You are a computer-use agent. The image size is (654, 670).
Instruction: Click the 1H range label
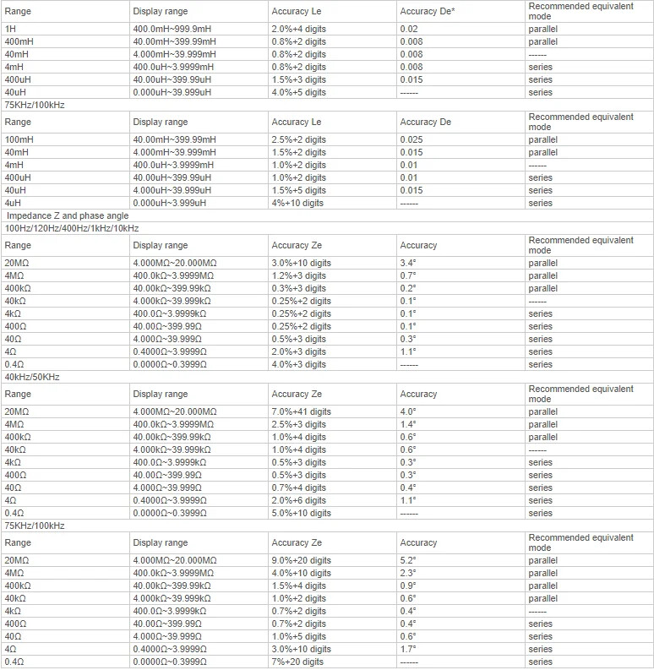[x=10, y=29]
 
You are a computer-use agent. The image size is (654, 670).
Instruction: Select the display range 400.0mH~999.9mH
[x=172, y=29]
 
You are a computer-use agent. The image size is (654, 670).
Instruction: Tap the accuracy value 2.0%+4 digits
[x=298, y=29]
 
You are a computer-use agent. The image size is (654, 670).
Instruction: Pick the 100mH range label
[x=19, y=139]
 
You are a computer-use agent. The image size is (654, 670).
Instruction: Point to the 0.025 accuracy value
[x=411, y=139]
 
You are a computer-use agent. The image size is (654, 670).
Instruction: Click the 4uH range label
[x=14, y=203]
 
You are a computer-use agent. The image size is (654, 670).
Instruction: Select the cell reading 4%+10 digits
[x=297, y=203]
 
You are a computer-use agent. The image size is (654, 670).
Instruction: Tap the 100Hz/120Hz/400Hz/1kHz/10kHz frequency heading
[x=72, y=228]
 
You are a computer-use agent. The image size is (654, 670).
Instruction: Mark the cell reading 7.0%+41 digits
[x=301, y=411]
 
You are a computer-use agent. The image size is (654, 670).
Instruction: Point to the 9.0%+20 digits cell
[x=301, y=560]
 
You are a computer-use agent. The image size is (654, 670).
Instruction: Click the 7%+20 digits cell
[x=297, y=662]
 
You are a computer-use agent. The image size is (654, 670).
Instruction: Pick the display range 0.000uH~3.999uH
[x=170, y=203]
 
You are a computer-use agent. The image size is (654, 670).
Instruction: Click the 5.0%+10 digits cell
[x=301, y=513]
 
